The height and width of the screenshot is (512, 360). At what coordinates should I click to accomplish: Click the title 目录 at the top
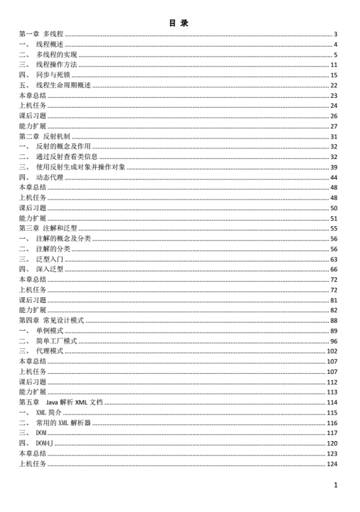point(179,23)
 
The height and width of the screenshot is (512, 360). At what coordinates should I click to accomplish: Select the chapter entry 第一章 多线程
point(41,34)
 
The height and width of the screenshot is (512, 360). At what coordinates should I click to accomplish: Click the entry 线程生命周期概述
point(63,85)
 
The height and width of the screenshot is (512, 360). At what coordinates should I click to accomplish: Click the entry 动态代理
point(49,177)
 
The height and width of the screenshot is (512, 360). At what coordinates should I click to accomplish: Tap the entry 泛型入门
point(49,259)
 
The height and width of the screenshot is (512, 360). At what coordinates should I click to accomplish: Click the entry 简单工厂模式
point(56,341)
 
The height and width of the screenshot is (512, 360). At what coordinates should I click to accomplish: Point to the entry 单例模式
point(49,331)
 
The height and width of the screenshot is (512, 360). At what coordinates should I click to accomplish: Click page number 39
point(334,168)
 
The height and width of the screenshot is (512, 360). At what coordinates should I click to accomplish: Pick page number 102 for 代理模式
point(332,351)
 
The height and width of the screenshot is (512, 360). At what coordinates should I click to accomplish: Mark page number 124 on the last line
point(332,464)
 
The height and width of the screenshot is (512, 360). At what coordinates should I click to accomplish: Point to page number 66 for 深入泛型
point(334,269)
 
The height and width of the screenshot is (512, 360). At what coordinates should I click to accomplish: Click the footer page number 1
point(335,486)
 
